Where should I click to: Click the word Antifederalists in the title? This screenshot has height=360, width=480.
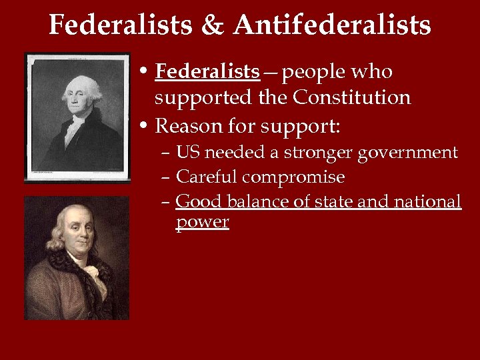pyautogui.click(x=332, y=25)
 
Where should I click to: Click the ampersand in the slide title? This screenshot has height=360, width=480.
pyautogui.click(x=213, y=25)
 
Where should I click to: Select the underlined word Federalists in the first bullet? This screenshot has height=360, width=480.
pyautogui.click(x=207, y=71)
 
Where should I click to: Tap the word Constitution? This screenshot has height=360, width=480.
pyautogui.click(x=352, y=98)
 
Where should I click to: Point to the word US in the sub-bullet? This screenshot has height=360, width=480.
pyautogui.click(x=189, y=153)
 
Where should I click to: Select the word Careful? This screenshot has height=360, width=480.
pyautogui.click(x=207, y=177)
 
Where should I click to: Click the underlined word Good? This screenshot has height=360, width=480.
pyautogui.click(x=199, y=201)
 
